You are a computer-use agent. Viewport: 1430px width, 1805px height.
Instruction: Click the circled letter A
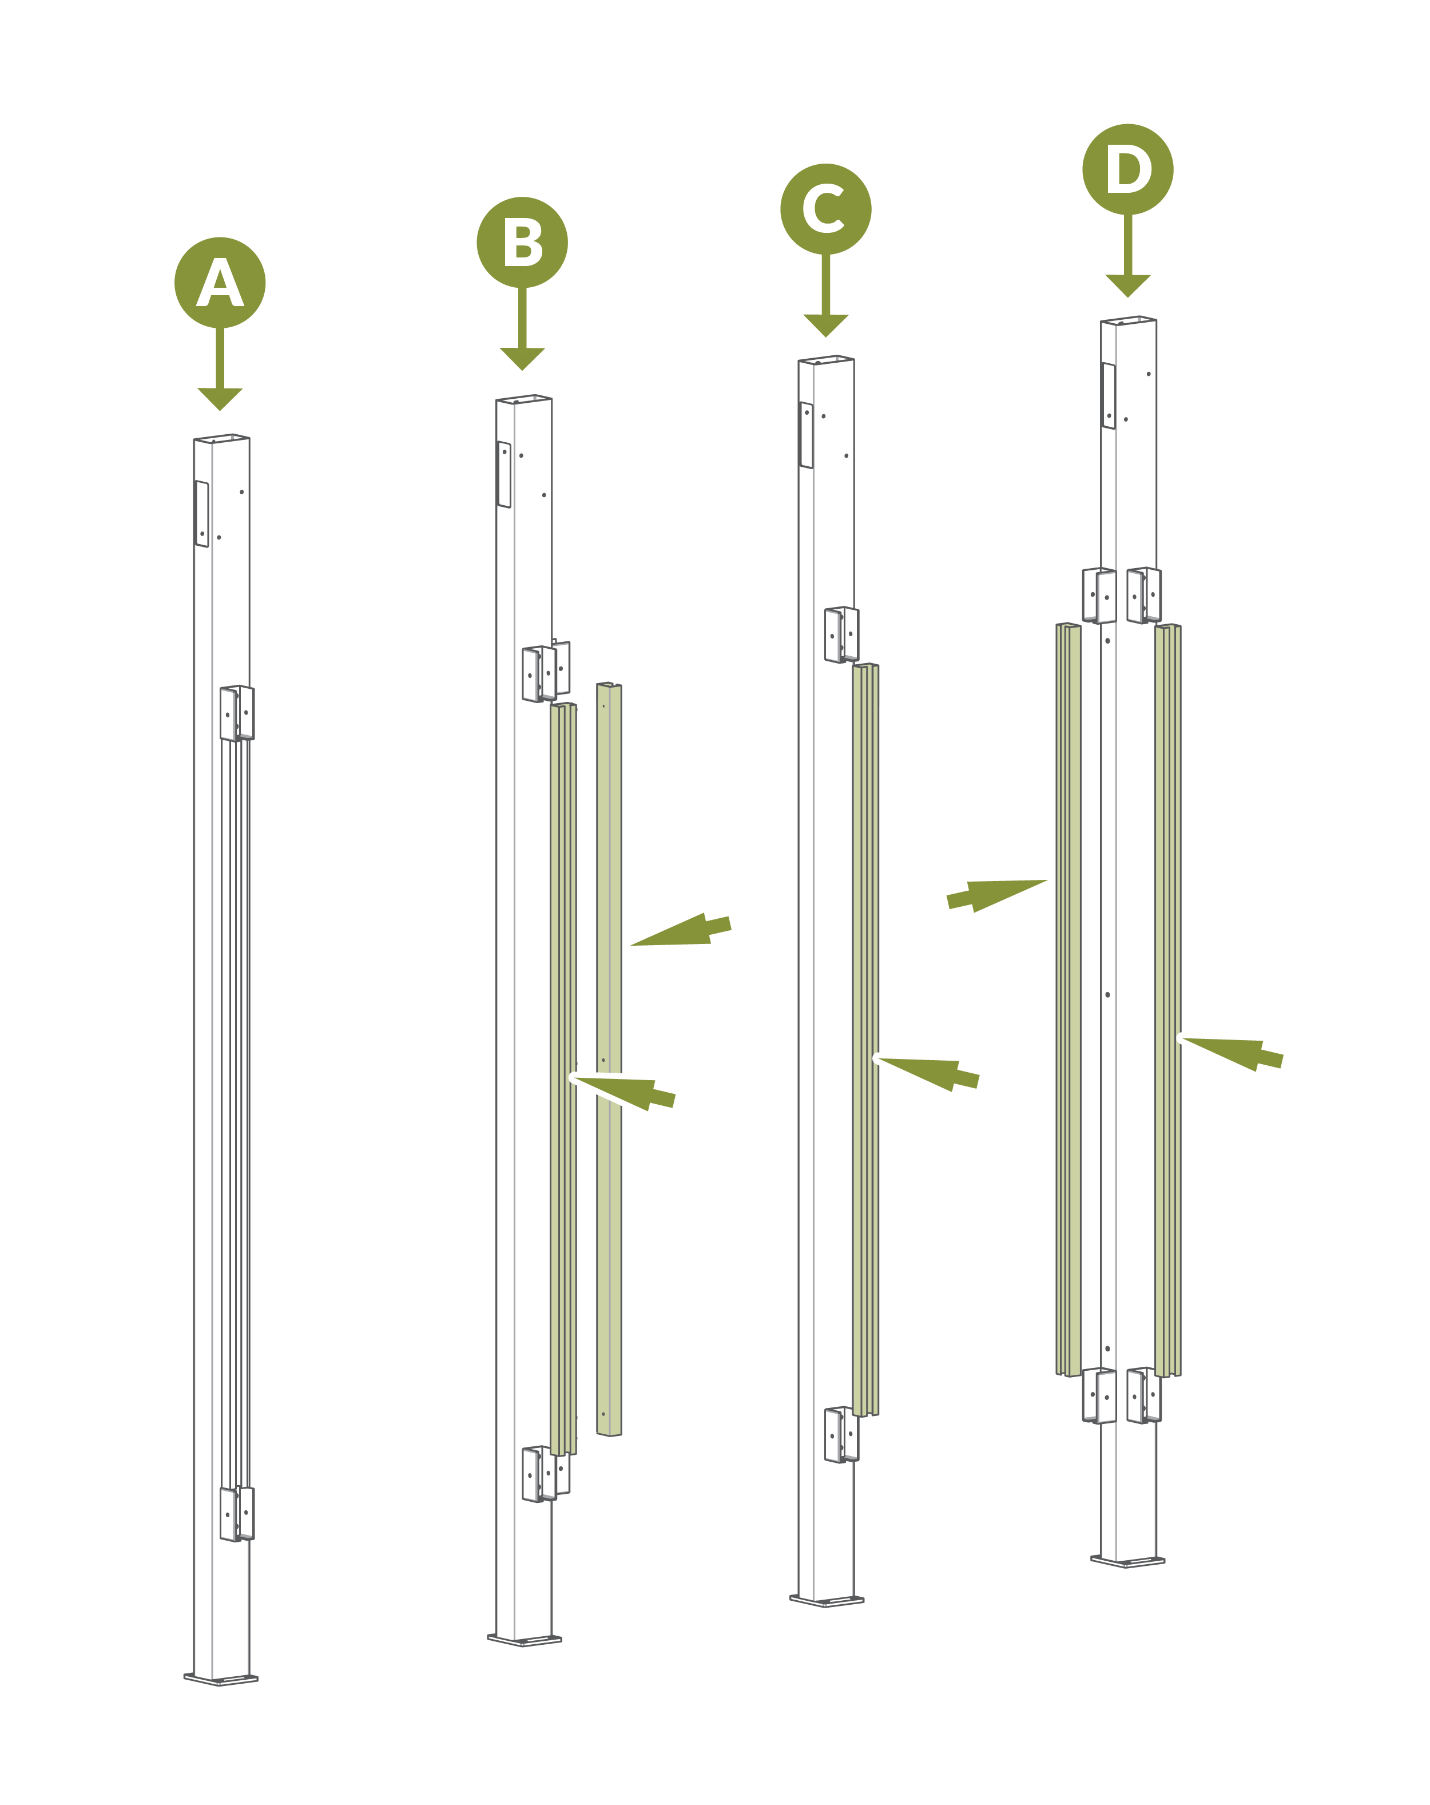click(x=220, y=283)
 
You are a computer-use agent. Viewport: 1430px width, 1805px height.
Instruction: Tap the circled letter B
click(x=522, y=243)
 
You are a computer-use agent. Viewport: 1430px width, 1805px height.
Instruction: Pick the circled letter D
click(x=1128, y=169)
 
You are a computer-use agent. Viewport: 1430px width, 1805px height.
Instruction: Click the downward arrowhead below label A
click(x=220, y=399)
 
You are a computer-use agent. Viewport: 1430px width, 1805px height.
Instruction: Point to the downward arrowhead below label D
click(x=1128, y=285)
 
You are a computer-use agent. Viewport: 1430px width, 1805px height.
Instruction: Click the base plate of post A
click(x=221, y=1679)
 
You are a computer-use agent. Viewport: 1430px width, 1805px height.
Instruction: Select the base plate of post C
click(x=827, y=1600)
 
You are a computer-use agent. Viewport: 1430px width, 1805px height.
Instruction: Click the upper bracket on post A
click(x=237, y=713)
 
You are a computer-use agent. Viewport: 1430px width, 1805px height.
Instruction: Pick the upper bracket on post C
click(x=841, y=634)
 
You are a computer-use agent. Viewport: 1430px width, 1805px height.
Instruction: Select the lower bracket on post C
click(x=841, y=1435)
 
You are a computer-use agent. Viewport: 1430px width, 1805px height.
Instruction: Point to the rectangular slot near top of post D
click(x=1109, y=396)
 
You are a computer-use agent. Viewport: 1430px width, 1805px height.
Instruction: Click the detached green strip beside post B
click(x=609, y=1059)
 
